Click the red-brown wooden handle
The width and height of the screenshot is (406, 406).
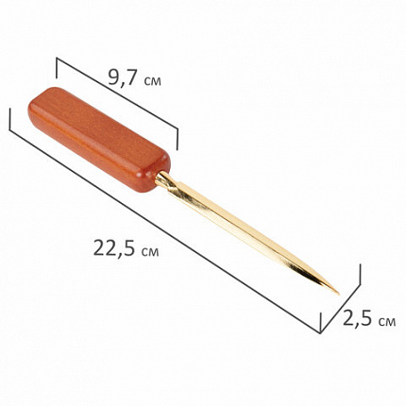click(x=99, y=140)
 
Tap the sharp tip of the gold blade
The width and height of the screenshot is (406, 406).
click(x=339, y=294)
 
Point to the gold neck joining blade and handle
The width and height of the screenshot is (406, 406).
click(x=164, y=179)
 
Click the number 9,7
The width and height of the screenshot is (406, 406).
click(x=123, y=77)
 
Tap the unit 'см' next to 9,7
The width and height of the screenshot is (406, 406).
click(x=152, y=80)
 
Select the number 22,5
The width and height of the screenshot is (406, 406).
click(x=115, y=248)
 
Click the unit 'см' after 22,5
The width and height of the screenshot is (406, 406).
click(x=150, y=251)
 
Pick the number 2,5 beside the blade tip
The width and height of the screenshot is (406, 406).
click(x=358, y=318)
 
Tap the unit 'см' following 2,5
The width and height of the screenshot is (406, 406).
click(x=387, y=322)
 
